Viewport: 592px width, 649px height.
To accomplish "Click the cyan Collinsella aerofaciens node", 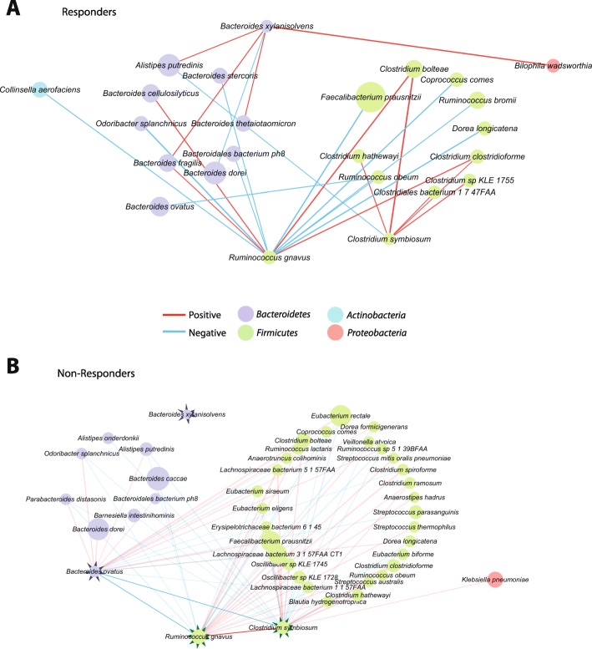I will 39,89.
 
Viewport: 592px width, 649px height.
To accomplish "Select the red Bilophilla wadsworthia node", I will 553,65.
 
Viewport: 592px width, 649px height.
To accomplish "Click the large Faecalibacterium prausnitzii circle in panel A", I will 369,97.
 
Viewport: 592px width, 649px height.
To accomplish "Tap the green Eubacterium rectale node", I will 340,413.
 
